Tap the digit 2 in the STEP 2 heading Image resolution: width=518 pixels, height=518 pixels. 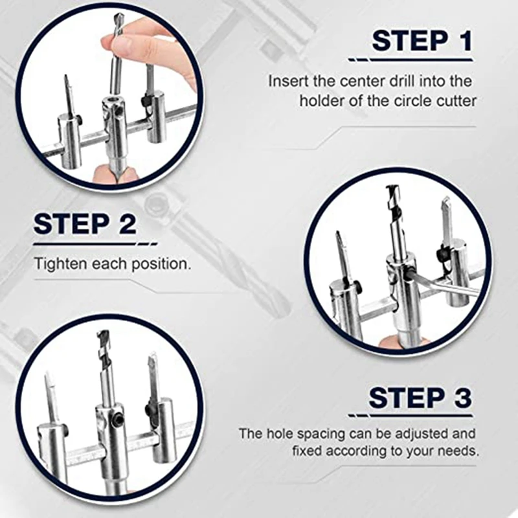click(x=128, y=223)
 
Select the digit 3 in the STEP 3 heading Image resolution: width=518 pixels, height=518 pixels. click(x=462, y=398)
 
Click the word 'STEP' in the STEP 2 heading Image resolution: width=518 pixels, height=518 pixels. click(x=71, y=223)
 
